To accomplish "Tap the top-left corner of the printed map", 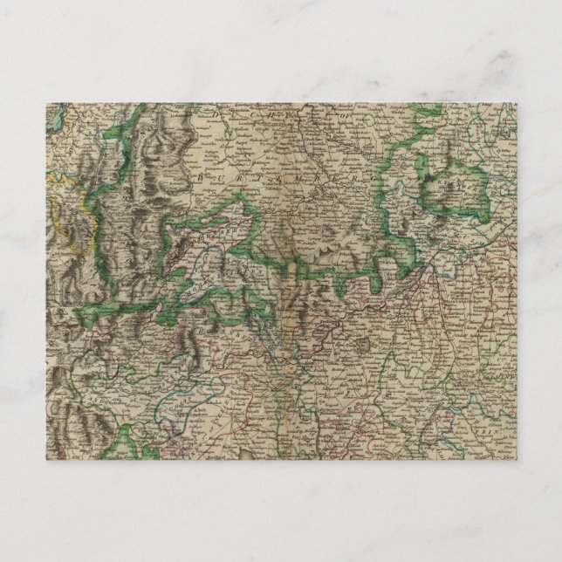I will (46, 104).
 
